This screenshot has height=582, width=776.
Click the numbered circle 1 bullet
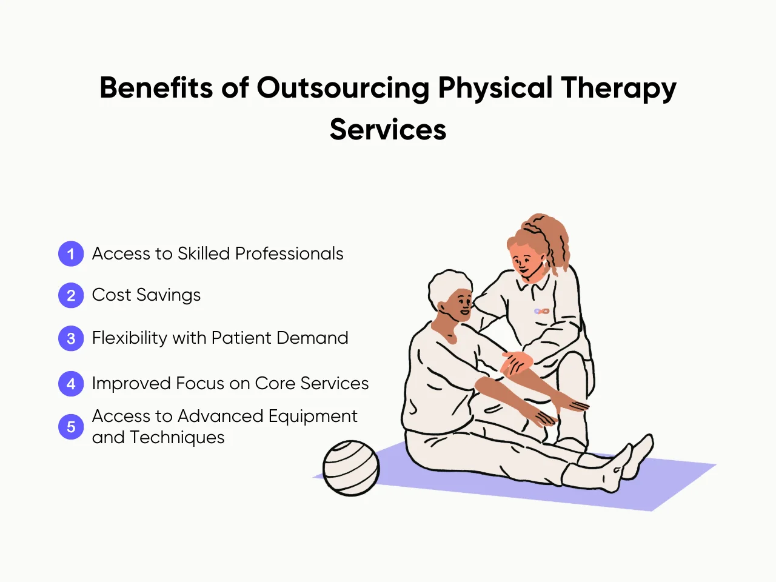coord(71,253)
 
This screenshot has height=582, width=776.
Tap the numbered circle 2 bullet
coord(71,295)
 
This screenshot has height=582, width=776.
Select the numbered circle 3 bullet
coord(71,338)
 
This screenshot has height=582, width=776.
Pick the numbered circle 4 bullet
coord(71,384)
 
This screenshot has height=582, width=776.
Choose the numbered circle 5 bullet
coord(71,427)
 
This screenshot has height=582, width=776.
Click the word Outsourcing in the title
coord(343,89)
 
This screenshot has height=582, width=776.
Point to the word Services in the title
coord(388,130)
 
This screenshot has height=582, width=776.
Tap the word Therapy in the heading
coord(618,89)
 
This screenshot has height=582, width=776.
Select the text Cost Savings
coord(146,295)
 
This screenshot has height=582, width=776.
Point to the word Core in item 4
coord(275,383)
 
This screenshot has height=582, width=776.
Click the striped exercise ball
coord(350,468)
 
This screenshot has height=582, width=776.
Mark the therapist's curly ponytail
coord(555,239)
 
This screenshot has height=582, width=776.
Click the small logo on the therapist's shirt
coord(541,311)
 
